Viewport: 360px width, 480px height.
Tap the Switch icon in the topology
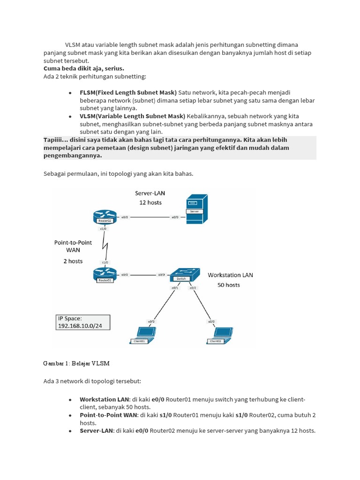(183, 275)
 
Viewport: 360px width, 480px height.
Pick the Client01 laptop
(143, 334)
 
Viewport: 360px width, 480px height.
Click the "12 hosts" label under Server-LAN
(150, 202)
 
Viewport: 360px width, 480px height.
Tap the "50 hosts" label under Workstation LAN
(228, 285)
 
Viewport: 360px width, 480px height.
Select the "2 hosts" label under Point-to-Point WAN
(73, 261)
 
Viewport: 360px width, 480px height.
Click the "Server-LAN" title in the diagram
(150, 193)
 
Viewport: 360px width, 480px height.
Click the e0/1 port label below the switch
(174, 287)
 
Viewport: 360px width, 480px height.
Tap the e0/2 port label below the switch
(193, 287)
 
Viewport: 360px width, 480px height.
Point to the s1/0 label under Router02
(103, 229)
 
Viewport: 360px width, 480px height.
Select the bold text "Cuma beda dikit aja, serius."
(83, 68)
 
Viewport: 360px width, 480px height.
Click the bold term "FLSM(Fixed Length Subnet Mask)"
(128, 92)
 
